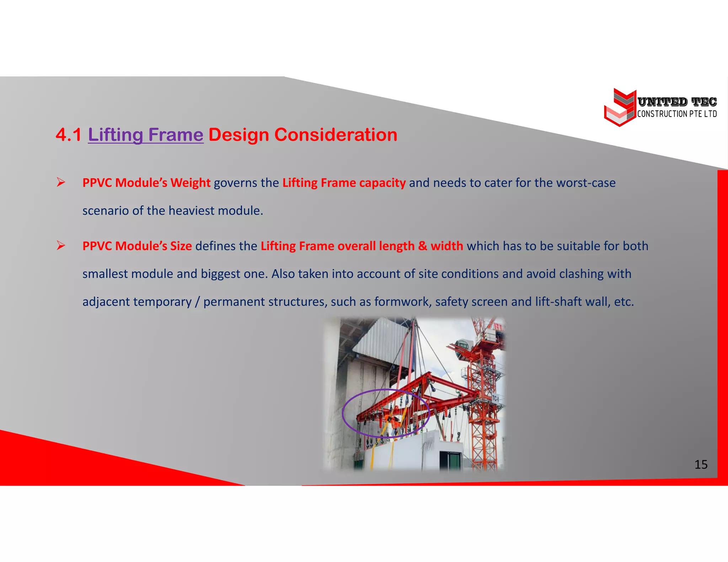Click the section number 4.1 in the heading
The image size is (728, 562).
[68, 135]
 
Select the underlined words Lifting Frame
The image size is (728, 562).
[145, 135]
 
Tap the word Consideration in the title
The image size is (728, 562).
[336, 135]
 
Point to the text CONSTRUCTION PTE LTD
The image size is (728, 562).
[677, 114]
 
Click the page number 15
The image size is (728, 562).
[701, 465]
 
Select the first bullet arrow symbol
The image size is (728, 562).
[61, 183]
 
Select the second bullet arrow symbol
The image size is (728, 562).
[61, 246]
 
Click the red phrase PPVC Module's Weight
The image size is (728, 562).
[146, 183]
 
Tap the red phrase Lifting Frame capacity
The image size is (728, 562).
[344, 183]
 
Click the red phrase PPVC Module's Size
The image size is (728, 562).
[137, 246]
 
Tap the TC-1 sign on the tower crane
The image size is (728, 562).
[495, 399]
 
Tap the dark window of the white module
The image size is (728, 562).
[450, 460]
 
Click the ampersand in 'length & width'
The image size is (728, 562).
[422, 246]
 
